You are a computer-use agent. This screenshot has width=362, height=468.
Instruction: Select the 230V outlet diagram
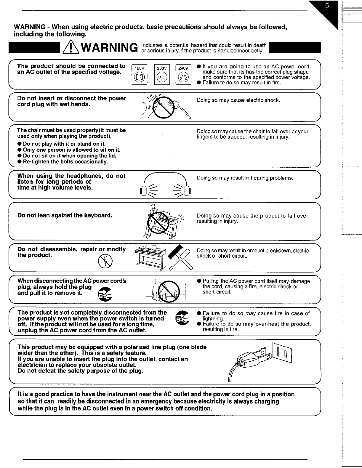162,74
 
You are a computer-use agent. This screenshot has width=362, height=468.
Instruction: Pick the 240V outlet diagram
183,74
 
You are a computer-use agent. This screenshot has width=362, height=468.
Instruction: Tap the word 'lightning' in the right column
212,319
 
